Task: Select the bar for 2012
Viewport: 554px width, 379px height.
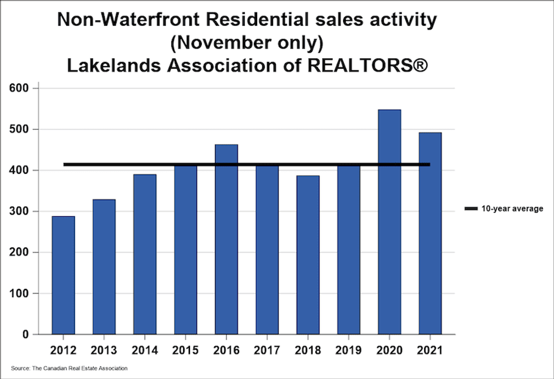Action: coord(63,275)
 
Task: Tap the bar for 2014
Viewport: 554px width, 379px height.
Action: coord(145,254)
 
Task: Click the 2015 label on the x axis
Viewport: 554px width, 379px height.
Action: coord(185,351)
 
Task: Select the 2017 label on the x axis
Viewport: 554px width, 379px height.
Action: coord(267,351)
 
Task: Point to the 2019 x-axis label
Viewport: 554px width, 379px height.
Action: coord(348,351)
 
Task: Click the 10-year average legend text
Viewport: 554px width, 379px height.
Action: coord(513,209)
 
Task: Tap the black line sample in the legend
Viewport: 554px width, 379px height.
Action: coord(470,209)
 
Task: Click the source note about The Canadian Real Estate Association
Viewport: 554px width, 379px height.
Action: coord(69,368)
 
